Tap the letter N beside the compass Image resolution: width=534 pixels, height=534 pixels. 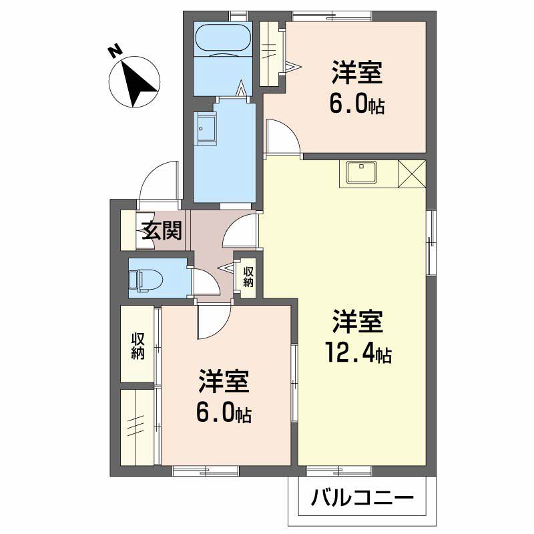point(114,50)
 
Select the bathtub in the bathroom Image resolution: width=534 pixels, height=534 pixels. point(222,39)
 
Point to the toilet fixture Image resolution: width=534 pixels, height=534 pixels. point(142,278)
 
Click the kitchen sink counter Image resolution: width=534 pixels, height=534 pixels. point(361,174)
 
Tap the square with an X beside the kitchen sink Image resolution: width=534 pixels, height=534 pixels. point(411,174)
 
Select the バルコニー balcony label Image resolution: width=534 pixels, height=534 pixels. point(362,497)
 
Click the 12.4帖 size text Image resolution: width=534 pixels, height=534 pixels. point(358,352)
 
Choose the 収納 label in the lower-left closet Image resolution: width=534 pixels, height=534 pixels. point(138,344)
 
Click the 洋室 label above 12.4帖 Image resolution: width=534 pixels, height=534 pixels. point(358,322)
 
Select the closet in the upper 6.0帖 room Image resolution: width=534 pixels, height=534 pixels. point(272,53)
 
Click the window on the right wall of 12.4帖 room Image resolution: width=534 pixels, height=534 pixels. point(431,244)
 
